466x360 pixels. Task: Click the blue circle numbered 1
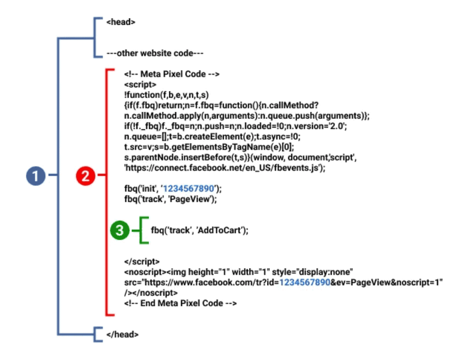point(36,176)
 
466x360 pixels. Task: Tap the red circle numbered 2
point(86,176)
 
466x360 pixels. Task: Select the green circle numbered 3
point(120,230)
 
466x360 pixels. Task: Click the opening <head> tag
point(121,22)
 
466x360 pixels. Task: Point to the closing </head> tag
point(122,334)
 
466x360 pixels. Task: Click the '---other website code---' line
point(155,53)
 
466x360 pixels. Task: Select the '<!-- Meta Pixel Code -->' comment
point(172,74)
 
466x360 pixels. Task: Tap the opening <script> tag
point(140,85)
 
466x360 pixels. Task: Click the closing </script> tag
point(142,261)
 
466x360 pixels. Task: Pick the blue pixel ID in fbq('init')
point(188,189)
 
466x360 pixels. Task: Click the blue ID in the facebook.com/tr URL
point(305,283)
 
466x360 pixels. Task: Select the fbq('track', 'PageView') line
point(171,199)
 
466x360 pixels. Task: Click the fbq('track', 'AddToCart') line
point(200,230)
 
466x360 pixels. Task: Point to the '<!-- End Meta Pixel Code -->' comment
point(181,303)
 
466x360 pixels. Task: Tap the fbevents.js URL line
point(225,168)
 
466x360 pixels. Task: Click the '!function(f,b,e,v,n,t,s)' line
point(167,95)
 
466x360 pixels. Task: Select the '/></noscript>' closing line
point(151,293)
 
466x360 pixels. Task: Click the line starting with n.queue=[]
point(212,137)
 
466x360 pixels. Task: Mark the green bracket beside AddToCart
point(140,230)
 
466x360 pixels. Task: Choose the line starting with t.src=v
point(209,147)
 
